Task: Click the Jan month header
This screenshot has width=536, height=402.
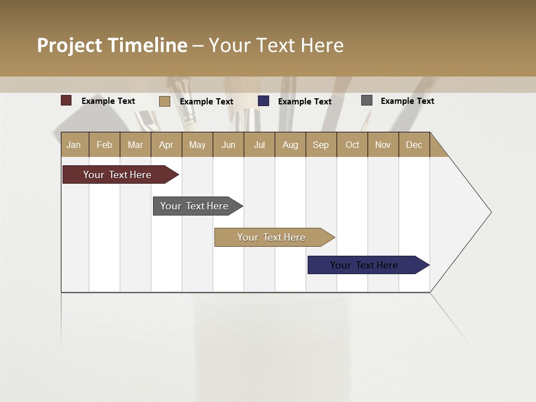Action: click(74, 145)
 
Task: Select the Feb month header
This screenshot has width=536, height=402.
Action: click(104, 145)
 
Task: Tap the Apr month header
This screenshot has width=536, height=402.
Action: click(166, 145)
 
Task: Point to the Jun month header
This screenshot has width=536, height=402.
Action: click(228, 145)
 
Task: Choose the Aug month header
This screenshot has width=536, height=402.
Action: click(290, 145)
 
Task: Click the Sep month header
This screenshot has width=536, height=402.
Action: click(320, 145)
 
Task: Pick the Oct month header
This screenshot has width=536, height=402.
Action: click(352, 145)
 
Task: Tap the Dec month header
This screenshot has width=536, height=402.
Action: click(414, 145)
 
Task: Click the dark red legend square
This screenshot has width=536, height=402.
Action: click(66, 100)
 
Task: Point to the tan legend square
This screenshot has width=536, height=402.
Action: click(165, 101)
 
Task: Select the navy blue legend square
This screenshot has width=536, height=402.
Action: click(264, 101)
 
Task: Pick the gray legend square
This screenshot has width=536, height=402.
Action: click(367, 100)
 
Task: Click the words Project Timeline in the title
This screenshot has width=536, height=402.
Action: click(112, 45)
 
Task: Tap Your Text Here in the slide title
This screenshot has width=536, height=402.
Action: click(276, 45)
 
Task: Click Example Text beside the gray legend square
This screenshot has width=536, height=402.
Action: click(407, 101)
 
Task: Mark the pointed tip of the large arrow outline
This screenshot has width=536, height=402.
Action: click(490, 212)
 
